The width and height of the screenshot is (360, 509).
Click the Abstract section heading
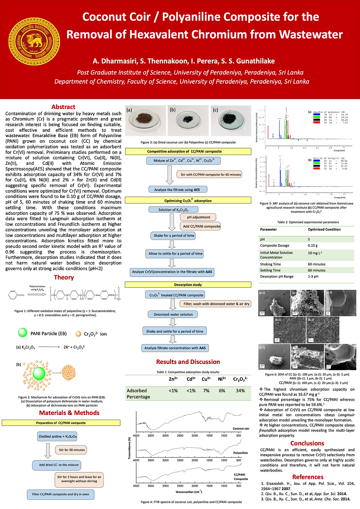[63, 107]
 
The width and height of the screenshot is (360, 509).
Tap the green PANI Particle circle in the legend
[23, 333]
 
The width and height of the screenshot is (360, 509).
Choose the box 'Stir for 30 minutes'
[72, 450]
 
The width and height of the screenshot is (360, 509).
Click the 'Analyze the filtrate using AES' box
[177, 189]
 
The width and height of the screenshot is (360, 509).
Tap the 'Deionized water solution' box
[173, 314]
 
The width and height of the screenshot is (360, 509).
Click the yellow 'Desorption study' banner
[188, 285]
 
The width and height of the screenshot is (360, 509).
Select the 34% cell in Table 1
[240, 391]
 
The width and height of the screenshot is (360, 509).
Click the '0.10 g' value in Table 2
[313, 245]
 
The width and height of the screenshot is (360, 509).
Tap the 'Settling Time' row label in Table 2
[270, 270]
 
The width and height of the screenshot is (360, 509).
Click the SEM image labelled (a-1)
[274, 303]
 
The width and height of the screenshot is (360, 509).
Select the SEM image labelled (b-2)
[323, 330]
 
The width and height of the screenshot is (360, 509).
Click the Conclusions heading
[307, 443]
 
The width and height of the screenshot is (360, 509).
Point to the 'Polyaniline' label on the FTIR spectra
[240, 453]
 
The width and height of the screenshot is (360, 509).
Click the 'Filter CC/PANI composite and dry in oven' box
[61, 494]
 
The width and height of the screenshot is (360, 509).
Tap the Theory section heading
[64, 277]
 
